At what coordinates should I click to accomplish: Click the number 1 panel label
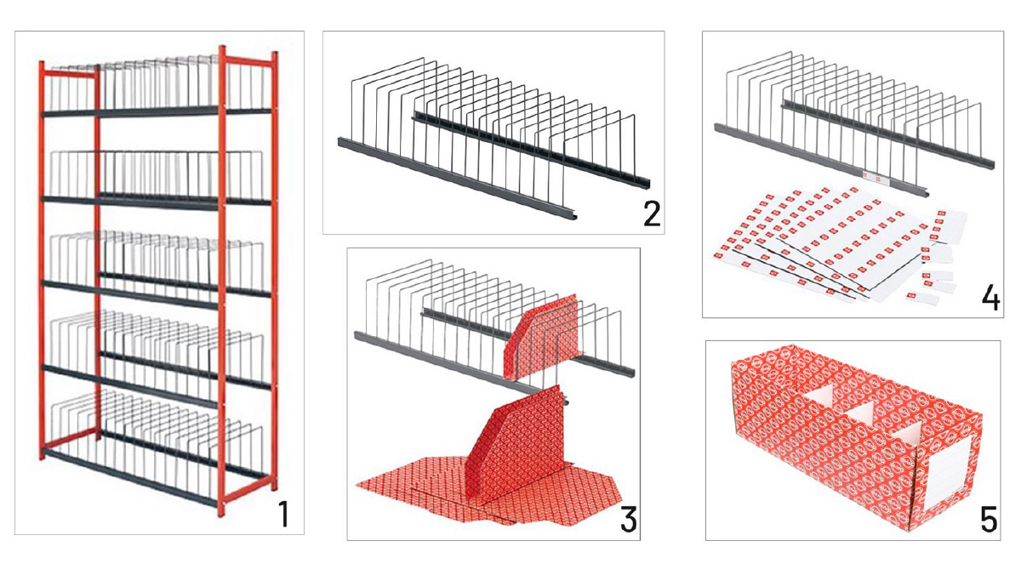coord(284,514)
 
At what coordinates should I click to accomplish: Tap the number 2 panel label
coord(652,214)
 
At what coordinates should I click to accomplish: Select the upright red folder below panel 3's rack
coord(515,444)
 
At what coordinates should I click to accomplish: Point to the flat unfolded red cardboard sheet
coord(488,490)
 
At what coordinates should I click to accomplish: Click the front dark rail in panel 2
coord(457,179)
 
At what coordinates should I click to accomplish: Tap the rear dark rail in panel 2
coord(532,151)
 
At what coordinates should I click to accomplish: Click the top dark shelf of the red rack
coord(157,112)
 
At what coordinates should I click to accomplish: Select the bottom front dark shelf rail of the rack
coord(130,477)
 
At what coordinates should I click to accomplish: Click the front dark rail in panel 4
coord(821,161)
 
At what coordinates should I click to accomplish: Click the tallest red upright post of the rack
coord(221,280)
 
